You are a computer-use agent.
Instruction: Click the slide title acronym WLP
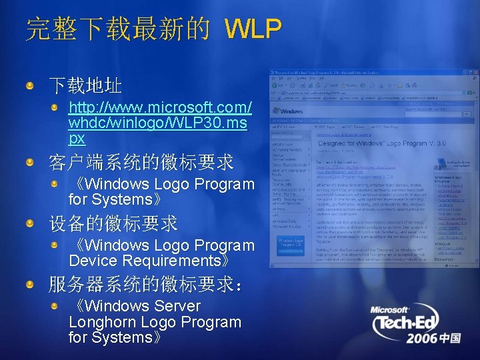[x=253, y=29]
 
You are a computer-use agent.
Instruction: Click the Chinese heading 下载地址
[x=84, y=85]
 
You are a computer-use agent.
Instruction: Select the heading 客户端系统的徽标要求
[x=141, y=161]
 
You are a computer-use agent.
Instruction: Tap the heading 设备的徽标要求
[x=113, y=223]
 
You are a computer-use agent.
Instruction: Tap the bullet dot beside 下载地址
[x=31, y=85]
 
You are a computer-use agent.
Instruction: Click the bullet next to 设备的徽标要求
[x=31, y=223]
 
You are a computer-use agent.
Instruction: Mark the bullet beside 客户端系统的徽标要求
[x=31, y=162]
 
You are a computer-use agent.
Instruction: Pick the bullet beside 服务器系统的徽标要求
[x=31, y=285]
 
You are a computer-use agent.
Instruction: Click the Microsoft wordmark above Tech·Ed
[x=391, y=310]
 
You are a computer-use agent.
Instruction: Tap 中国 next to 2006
[x=450, y=339]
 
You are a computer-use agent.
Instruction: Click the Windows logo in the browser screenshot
[x=291, y=110]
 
